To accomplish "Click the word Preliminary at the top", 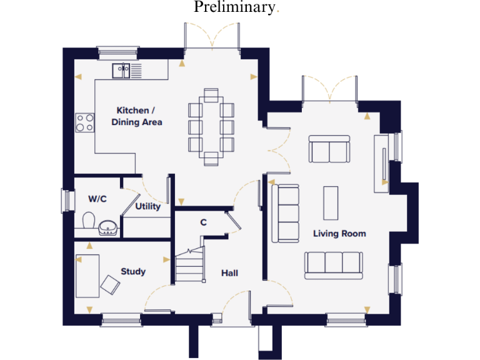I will click(234, 7).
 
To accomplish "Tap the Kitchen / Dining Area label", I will click(137, 116).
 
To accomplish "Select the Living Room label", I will click(339, 234).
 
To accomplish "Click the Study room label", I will click(133, 271).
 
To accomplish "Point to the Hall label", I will click(229, 273).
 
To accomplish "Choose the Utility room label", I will click(148, 206).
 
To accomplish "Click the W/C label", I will click(97, 199).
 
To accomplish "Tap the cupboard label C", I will click(203, 222).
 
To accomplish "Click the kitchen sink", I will click(121, 70).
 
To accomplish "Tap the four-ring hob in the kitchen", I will click(84, 122).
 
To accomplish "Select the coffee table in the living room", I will click(330, 203).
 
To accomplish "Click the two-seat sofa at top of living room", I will click(329, 149).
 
